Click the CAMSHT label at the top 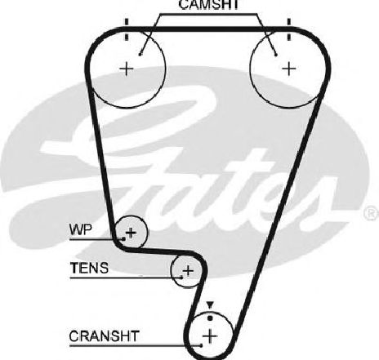coord(208,5)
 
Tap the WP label coord(81,229)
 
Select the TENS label coord(89,268)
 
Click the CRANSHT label coord(105,336)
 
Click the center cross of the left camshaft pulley coord(127,69)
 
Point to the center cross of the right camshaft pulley coord(289,69)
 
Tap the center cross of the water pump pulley coord(131,233)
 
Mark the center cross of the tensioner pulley coord(188,271)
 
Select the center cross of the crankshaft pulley coord(210,336)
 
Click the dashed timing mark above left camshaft coord(126,29)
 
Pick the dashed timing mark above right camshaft coord(289,29)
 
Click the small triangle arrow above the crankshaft coord(209,305)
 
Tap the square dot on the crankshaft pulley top coord(210,318)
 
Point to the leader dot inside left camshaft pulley coord(140,55)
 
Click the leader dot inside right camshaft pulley coord(276,55)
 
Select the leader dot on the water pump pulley coord(123,239)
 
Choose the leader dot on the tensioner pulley coord(181,278)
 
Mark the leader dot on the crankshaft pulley coord(201,345)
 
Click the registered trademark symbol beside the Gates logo coord(372,213)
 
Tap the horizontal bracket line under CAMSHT coord(208,14)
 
